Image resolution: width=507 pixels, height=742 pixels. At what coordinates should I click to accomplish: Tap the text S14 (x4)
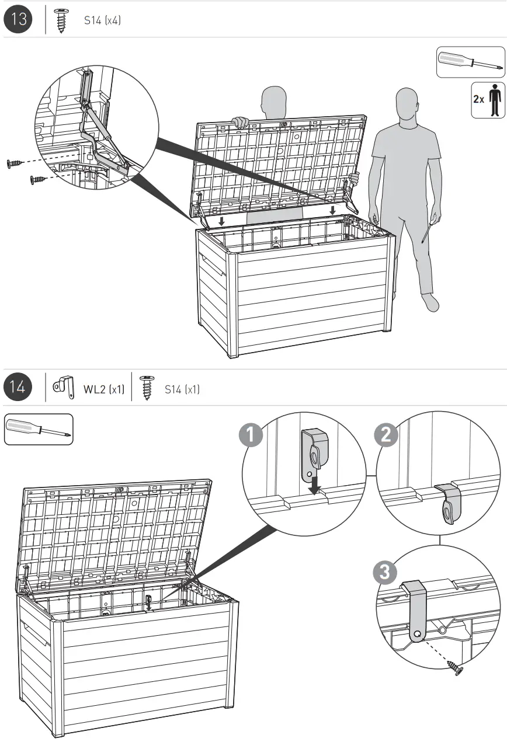[102, 20]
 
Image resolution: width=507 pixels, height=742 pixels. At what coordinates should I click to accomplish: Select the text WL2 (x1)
[104, 389]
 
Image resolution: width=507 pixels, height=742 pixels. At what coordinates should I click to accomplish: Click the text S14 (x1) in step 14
[182, 389]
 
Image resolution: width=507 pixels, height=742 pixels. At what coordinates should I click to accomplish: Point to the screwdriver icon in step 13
[470, 62]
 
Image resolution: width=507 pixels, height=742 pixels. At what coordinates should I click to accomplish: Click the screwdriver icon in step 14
[39, 429]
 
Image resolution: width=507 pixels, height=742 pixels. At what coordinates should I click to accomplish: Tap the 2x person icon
[488, 100]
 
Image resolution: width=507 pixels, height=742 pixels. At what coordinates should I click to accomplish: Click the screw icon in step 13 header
[60, 21]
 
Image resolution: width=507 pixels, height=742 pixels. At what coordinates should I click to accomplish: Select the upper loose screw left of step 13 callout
[15, 163]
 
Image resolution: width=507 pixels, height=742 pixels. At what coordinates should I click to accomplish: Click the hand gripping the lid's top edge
[239, 123]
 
